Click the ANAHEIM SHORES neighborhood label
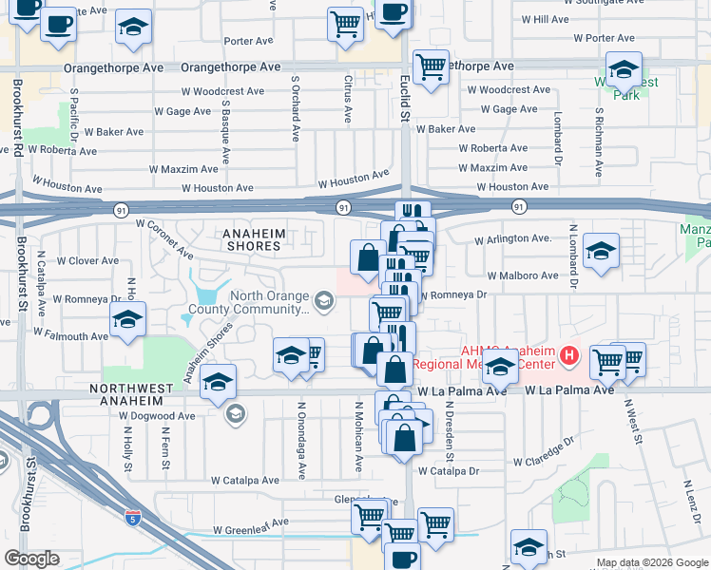point(251,239)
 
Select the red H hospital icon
point(569,356)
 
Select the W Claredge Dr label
point(545,452)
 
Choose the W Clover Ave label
point(87,260)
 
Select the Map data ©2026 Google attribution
point(652,562)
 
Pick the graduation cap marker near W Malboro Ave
point(601,252)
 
